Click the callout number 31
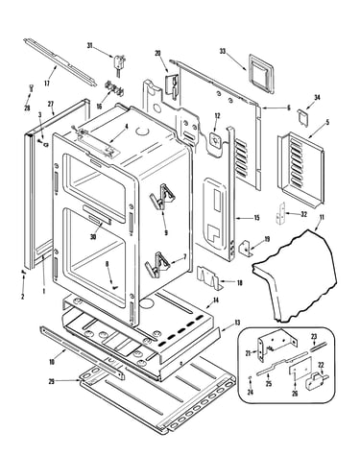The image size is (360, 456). pyautogui.click(x=89, y=46)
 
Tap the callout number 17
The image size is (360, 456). pyautogui.click(x=47, y=84)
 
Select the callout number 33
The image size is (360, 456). pyautogui.click(x=223, y=51)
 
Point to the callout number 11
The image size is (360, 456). pyautogui.click(x=322, y=218)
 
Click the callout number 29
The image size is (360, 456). pyautogui.click(x=52, y=381)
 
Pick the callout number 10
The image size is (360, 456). pyautogui.click(x=52, y=362)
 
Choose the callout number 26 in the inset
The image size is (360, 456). pyautogui.click(x=295, y=394)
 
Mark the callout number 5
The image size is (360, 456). pyautogui.click(x=327, y=122)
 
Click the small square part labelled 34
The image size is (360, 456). pyautogui.click(x=302, y=116)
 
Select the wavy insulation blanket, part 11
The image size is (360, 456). pyautogui.click(x=295, y=276)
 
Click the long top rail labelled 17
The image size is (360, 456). pyautogui.click(x=60, y=61)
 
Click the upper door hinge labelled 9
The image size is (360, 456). pyautogui.click(x=163, y=196)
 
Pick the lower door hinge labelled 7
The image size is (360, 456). pyautogui.click(x=158, y=264)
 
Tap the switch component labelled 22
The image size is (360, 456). pyautogui.click(x=314, y=380)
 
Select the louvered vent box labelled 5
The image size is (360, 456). pyautogui.click(x=300, y=168)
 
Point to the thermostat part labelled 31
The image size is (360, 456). pyautogui.click(x=118, y=63)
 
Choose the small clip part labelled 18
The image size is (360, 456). pyautogui.click(x=209, y=276)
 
